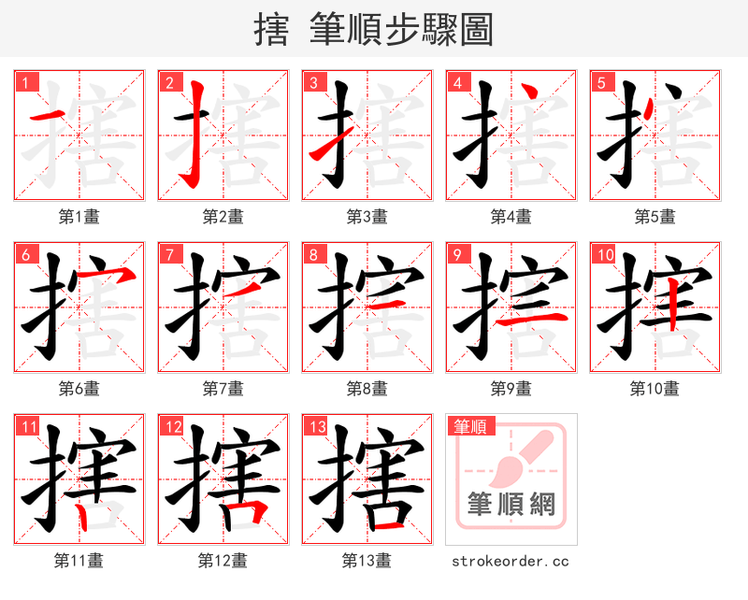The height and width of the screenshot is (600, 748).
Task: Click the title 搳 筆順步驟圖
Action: tap(373, 30)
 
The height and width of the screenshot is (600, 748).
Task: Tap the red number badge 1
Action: tap(25, 82)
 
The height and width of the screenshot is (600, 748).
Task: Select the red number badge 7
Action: tap(169, 254)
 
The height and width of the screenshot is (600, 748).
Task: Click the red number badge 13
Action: tap(316, 427)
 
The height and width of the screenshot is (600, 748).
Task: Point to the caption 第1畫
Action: tap(79, 217)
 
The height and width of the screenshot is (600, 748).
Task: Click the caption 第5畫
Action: tap(654, 217)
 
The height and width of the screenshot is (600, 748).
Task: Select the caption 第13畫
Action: tap(367, 561)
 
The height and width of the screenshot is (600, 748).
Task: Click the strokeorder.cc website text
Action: tap(511, 561)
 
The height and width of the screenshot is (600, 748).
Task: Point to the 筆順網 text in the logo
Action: tap(511, 506)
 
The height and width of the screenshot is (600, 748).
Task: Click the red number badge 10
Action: tap(604, 254)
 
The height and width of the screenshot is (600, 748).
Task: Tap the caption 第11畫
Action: tap(79, 561)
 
